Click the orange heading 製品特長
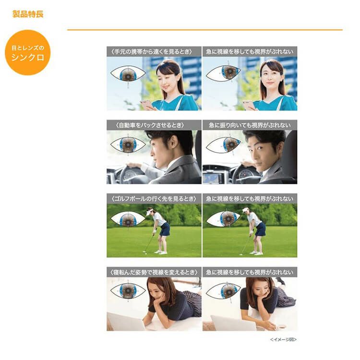coord(28,14)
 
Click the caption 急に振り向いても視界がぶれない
coord(250,125)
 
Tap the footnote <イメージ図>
coord(283,339)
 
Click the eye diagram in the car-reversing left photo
coord(128,145)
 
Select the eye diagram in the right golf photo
coord(224,219)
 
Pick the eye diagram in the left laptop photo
coord(128,292)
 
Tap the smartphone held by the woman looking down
coord(144,103)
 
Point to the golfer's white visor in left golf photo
coord(149,210)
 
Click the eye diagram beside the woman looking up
coord(224,72)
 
